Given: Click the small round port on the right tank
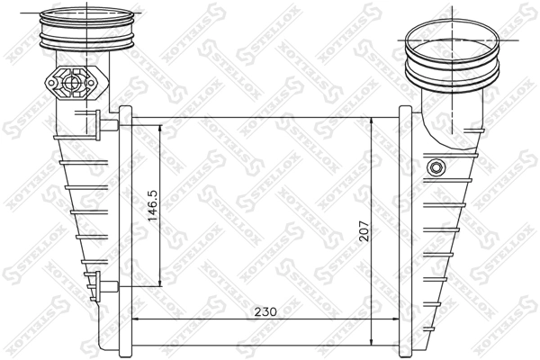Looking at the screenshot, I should [437, 167].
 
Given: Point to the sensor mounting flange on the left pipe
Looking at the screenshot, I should [73, 84].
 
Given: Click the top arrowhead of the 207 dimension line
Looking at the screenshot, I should [373, 120].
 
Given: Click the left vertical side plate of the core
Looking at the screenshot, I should [127, 229].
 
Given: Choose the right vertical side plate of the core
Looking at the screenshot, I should [404, 229].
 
